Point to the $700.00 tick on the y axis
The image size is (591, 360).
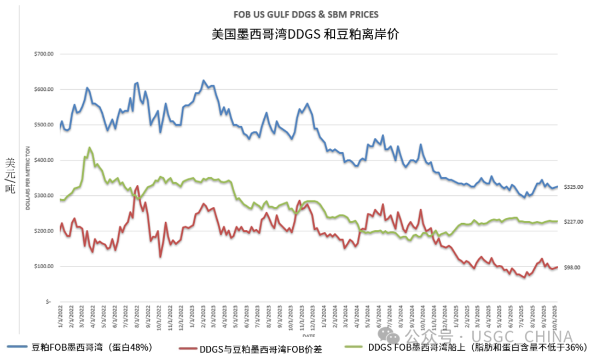click(x=44, y=54)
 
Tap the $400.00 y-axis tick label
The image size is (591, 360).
click(x=44, y=160)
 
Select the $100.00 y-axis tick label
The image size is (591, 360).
click(x=44, y=266)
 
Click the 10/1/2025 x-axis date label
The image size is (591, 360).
click(x=555, y=318)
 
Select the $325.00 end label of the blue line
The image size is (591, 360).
click(x=573, y=187)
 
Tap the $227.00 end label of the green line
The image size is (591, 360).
click(x=573, y=222)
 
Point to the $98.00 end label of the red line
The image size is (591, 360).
click(x=572, y=268)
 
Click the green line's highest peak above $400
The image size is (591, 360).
click(x=89, y=148)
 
